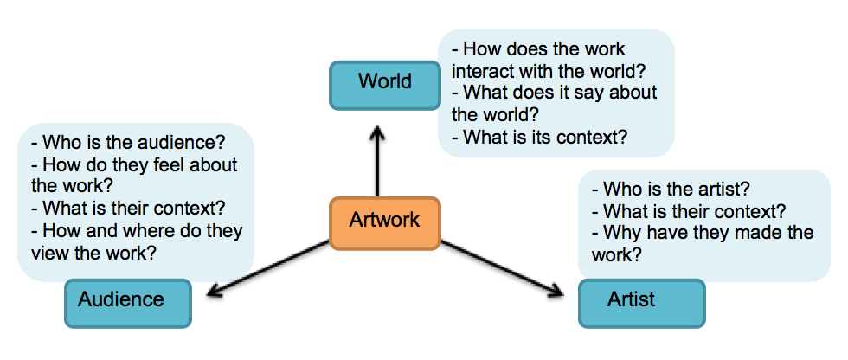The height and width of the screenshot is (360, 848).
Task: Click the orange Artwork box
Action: click(x=385, y=221)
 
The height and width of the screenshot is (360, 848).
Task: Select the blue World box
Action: click(x=385, y=84)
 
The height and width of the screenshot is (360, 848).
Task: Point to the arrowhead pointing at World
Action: click(x=376, y=133)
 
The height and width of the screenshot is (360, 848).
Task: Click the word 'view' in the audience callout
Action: click(x=50, y=254)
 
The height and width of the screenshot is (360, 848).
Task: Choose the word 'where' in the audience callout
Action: click(x=137, y=231)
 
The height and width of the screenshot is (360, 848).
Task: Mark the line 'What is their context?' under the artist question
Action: click(x=693, y=210)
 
